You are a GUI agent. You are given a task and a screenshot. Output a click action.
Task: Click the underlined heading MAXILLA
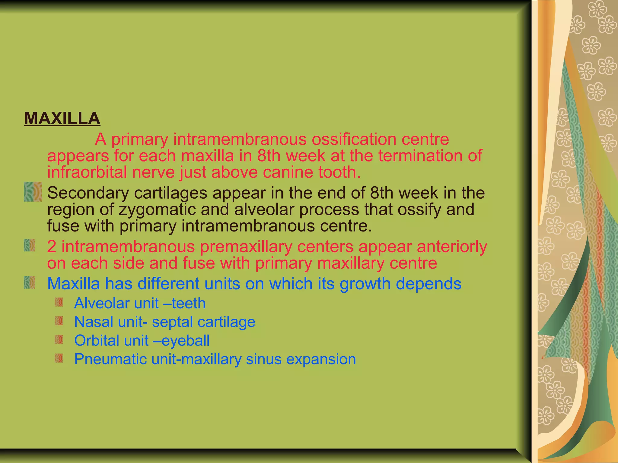click(x=62, y=118)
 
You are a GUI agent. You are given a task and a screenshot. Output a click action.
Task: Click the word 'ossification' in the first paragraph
click(x=353, y=139)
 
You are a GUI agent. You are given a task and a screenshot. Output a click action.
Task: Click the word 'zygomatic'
click(x=157, y=209)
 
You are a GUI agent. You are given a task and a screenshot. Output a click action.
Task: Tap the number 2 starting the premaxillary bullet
click(x=52, y=247)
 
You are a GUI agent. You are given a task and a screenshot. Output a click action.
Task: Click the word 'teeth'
click(x=189, y=303)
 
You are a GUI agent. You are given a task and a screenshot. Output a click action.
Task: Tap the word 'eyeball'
click(x=186, y=341)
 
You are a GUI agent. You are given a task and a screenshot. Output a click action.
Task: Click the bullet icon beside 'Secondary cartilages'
click(x=33, y=192)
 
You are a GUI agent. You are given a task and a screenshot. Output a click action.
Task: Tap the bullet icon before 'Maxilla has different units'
click(x=30, y=283)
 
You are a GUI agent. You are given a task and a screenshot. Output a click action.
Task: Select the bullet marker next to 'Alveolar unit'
click(x=59, y=302)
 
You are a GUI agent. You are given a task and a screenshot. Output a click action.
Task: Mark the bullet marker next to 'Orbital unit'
click(x=59, y=340)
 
